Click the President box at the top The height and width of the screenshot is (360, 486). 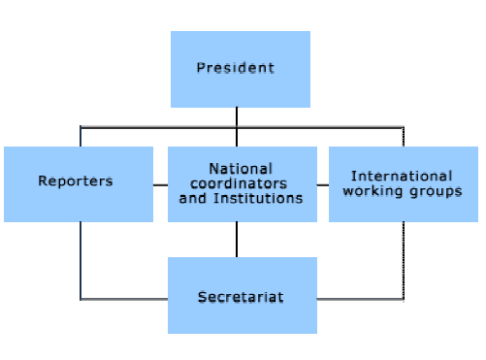pyautogui.click(x=240, y=69)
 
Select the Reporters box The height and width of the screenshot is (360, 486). pyautogui.click(x=79, y=184)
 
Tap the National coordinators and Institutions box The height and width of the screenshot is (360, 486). pyautogui.click(x=241, y=184)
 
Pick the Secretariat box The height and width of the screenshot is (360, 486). pyautogui.click(x=241, y=296)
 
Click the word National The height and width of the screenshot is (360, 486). pyautogui.click(x=240, y=169)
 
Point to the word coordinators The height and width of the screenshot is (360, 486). pyautogui.click(x=241, y=184)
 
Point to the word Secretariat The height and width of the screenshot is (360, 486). pyautogui.click(x=241, y=297)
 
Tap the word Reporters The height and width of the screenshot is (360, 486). pyautogui.click(x=75, y=181)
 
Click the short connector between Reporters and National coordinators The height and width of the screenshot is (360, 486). pyautogui.click(x=160, y=185)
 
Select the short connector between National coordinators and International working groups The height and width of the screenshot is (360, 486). pyautogui.click(x=322, y=185)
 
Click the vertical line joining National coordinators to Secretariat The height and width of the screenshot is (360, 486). pyautogui.click(x=237, y=240)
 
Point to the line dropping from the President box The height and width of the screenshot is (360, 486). pyautogui.click(x=237, y=117)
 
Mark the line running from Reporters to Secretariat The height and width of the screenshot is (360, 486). pyautogui.click(x=81, y=260)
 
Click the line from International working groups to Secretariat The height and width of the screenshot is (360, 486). pyautogui.click(x=403, y=260)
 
